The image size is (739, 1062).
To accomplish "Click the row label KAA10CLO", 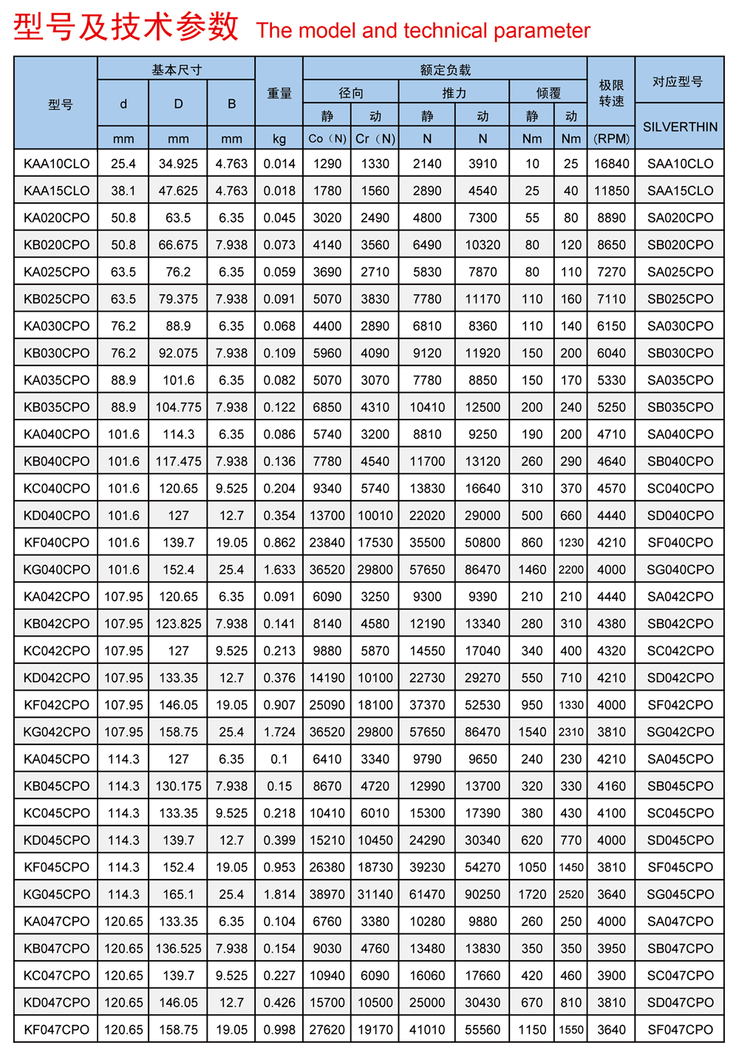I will pyautogui.click(x=56, y=164).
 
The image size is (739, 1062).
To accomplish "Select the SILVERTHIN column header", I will pyautogui.click(x=680, y=127).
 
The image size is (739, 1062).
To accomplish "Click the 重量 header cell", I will pyautogui.click(x=279, y=93).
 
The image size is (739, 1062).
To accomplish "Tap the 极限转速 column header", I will pyautogui.click(x=611, y=93).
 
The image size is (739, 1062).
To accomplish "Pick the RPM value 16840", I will pyautogui.click(x=611, y=164).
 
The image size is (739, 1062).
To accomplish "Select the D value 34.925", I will pyautogui.click(x=178, y=164).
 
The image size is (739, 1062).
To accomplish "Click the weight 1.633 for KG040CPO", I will pyautogui.click(x=279, y=569).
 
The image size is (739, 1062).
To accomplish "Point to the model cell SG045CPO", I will pyautogui.click(x=680, y=894).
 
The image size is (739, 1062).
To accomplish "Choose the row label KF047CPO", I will pyautogui.click(x=56, y=1030).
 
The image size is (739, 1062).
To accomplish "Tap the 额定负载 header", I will pyautogui.click(x=445, y=70).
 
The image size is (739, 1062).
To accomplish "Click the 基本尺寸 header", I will pyautogui.click(x=177, y=70).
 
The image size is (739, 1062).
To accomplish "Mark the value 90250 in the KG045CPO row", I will pyautogui.click(x=483, y=894).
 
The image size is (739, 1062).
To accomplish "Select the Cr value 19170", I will pyautogui.click(x=375, y=1030).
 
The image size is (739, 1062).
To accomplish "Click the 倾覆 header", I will pyautogui.click(x=548, y=93).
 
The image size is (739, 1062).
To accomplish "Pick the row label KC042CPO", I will pyautogui.click(x=56, y=651).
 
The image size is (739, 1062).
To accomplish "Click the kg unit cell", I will pyautogui.click(x=279, y=139).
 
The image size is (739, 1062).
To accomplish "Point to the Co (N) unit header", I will pyautogui.click(x=327, y=139).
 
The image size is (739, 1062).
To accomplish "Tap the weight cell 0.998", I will pyautogui.click(x=279, y=1030).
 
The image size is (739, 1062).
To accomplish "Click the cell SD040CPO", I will pyautogui.click(x=680, y=515).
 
